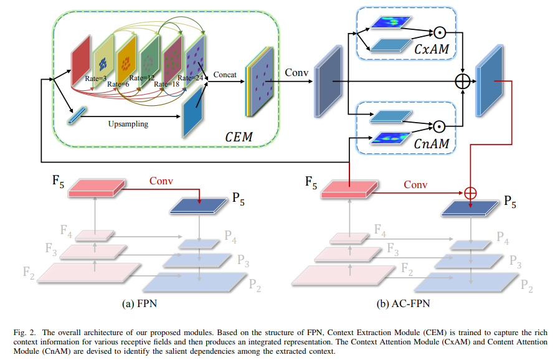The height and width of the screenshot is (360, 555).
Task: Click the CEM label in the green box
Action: (239, 136)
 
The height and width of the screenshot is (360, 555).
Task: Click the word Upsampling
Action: (128, 124)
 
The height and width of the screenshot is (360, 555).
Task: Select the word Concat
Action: (225, 75)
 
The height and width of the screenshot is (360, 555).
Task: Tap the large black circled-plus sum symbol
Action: (462, 81)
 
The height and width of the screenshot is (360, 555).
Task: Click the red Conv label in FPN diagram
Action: (162, 181)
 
